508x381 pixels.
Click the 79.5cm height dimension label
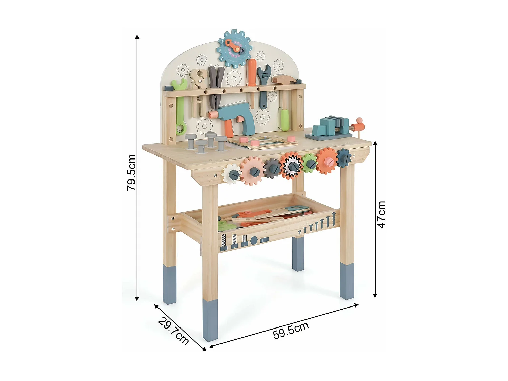point(131,172)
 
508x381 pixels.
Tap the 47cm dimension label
point(381,214)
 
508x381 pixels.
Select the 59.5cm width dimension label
point(291,330)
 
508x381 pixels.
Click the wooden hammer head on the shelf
point(284,80)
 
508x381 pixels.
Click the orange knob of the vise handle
point(360,120)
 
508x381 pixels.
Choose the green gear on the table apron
point(310,163)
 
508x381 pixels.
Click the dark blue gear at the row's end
point(343,158)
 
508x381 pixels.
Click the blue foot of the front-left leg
point(210,320)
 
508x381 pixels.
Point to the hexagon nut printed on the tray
point(254,240)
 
